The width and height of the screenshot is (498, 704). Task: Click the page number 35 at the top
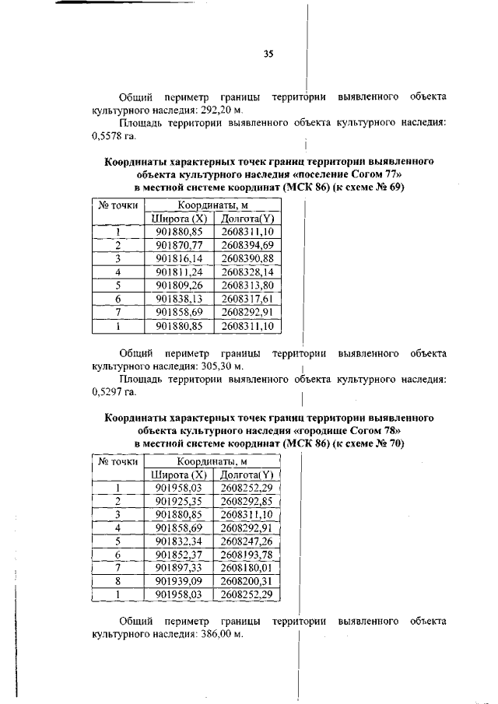[268, 54]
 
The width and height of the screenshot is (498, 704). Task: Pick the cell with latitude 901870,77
[179, 245]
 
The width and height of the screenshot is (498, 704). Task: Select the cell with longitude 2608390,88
[247, 258]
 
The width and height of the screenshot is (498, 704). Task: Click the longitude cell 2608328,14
[247, 271]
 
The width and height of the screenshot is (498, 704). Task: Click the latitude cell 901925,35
[179, 501]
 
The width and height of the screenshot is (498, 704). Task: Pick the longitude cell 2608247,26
[247, 541]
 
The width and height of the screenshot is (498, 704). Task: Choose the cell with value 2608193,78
[247, 554]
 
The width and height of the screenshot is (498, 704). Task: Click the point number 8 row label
[117, 580]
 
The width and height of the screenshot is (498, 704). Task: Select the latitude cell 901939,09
[179, 580]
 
